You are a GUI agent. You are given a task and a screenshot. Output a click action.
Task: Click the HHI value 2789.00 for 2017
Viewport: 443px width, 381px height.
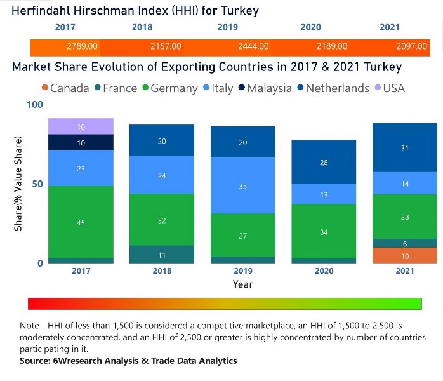pos(82,46)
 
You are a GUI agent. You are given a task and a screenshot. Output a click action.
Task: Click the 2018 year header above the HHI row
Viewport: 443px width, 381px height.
pos(142,27)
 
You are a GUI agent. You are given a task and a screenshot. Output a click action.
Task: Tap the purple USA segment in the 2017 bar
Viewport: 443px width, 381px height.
pos(81,126)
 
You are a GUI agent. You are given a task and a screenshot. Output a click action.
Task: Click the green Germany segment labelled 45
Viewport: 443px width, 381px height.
pos(81,222)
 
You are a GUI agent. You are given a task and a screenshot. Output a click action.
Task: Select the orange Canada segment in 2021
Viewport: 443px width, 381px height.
pos(405,255)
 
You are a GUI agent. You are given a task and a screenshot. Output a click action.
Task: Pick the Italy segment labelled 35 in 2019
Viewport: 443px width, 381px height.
pos(243,185)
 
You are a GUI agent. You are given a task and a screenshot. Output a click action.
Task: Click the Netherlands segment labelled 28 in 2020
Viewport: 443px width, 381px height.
pos(324,163)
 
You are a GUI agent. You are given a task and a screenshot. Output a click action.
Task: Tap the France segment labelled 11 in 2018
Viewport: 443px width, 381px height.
pos(162,254)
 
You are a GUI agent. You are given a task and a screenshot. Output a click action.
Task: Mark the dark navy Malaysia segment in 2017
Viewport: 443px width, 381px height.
pos(81,143)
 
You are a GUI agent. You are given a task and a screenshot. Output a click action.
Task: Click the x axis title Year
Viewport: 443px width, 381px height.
pos(242,284)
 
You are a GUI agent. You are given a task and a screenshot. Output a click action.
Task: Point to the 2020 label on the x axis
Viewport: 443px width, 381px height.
pos(324,271)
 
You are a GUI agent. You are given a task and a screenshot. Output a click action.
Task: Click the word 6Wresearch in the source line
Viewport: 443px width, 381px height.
pos(72,361)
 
